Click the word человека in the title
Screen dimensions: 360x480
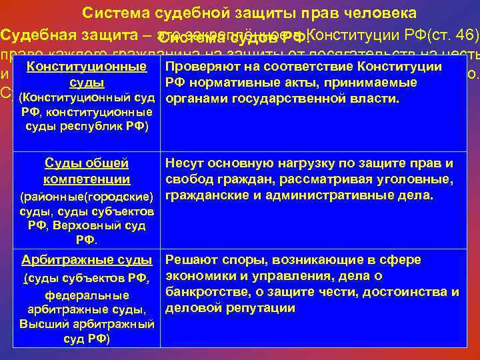click(x=383, y=13)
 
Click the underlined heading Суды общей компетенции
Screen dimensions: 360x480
click(x=86, y=171)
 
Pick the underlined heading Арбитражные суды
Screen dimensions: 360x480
click(x=87, y=260)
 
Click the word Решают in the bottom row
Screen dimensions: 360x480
click(x=191, y=260)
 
